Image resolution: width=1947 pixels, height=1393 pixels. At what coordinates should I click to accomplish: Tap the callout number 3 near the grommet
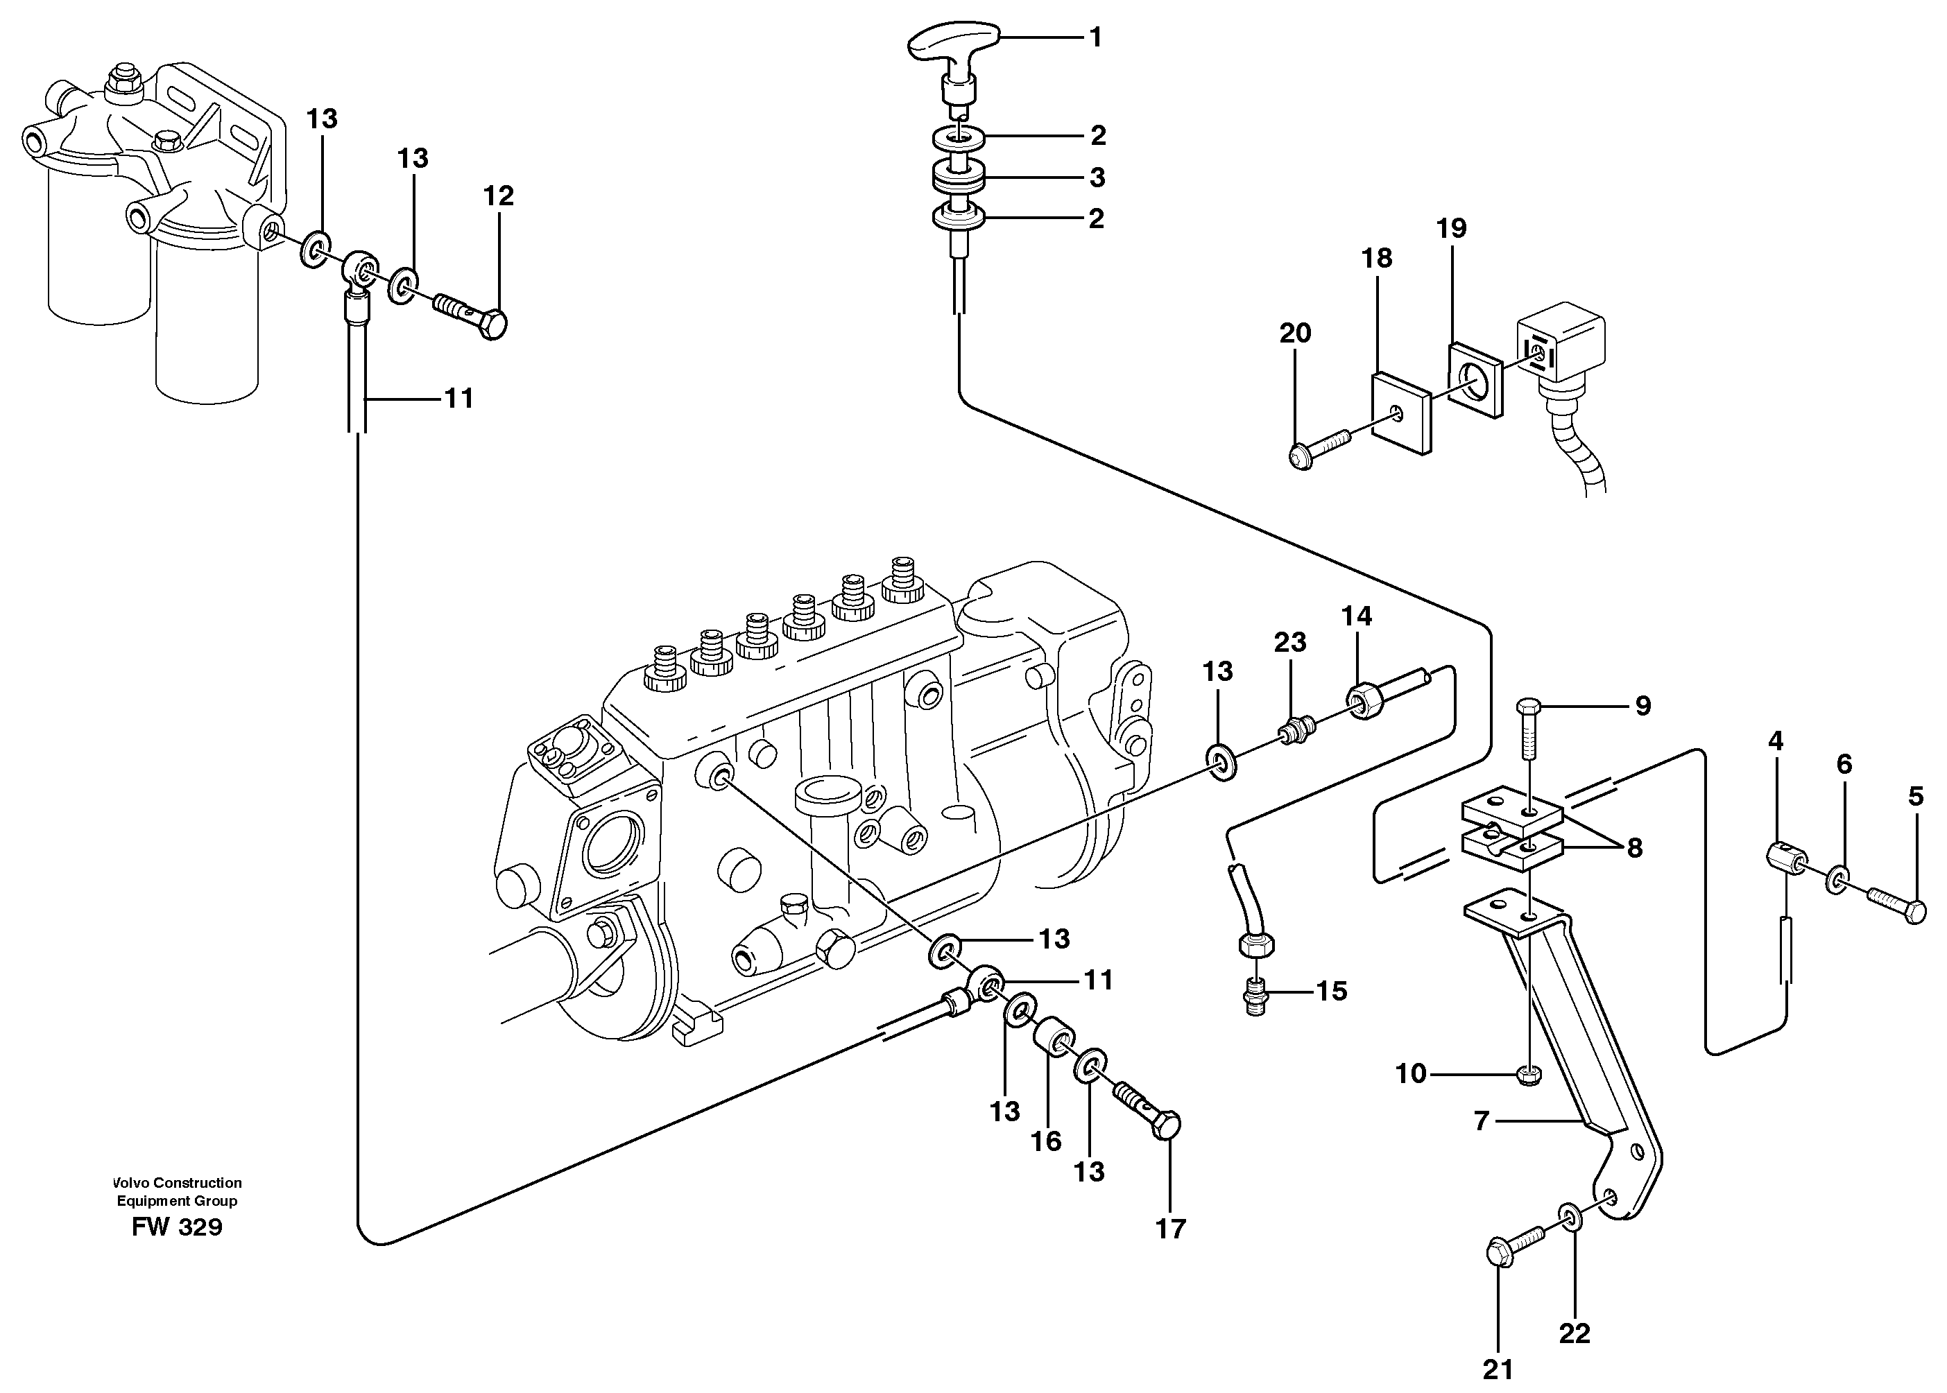[x=1097, y=178]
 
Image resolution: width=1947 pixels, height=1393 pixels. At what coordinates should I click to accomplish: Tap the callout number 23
[x=1289, y=641]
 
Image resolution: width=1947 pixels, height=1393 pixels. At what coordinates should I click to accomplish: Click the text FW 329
[x=177, y=1227]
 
